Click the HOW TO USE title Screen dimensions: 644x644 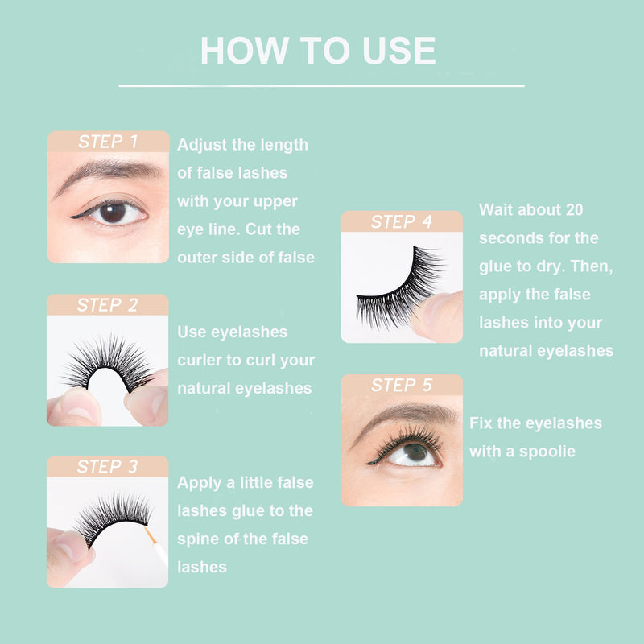pos(318,51)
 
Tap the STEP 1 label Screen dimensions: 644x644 pos(108,142)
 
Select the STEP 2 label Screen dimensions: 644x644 pos(107,305)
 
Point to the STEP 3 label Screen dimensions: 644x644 pos(107,467)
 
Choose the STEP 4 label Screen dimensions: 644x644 pos(401,222)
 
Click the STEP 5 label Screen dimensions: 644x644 pos(401,386)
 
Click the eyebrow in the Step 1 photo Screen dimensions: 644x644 pos(108,173)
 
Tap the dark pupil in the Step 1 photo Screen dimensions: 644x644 pos(113,213)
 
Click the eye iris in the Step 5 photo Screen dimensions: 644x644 pos(415,452)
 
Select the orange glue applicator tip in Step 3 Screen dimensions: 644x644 pos(151,535)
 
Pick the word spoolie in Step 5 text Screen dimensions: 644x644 pos(547,452)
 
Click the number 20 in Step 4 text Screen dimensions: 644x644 pos(574,210)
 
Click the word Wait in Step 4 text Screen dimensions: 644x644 pos(496,210)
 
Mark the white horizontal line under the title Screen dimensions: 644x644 pos(321,86)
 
